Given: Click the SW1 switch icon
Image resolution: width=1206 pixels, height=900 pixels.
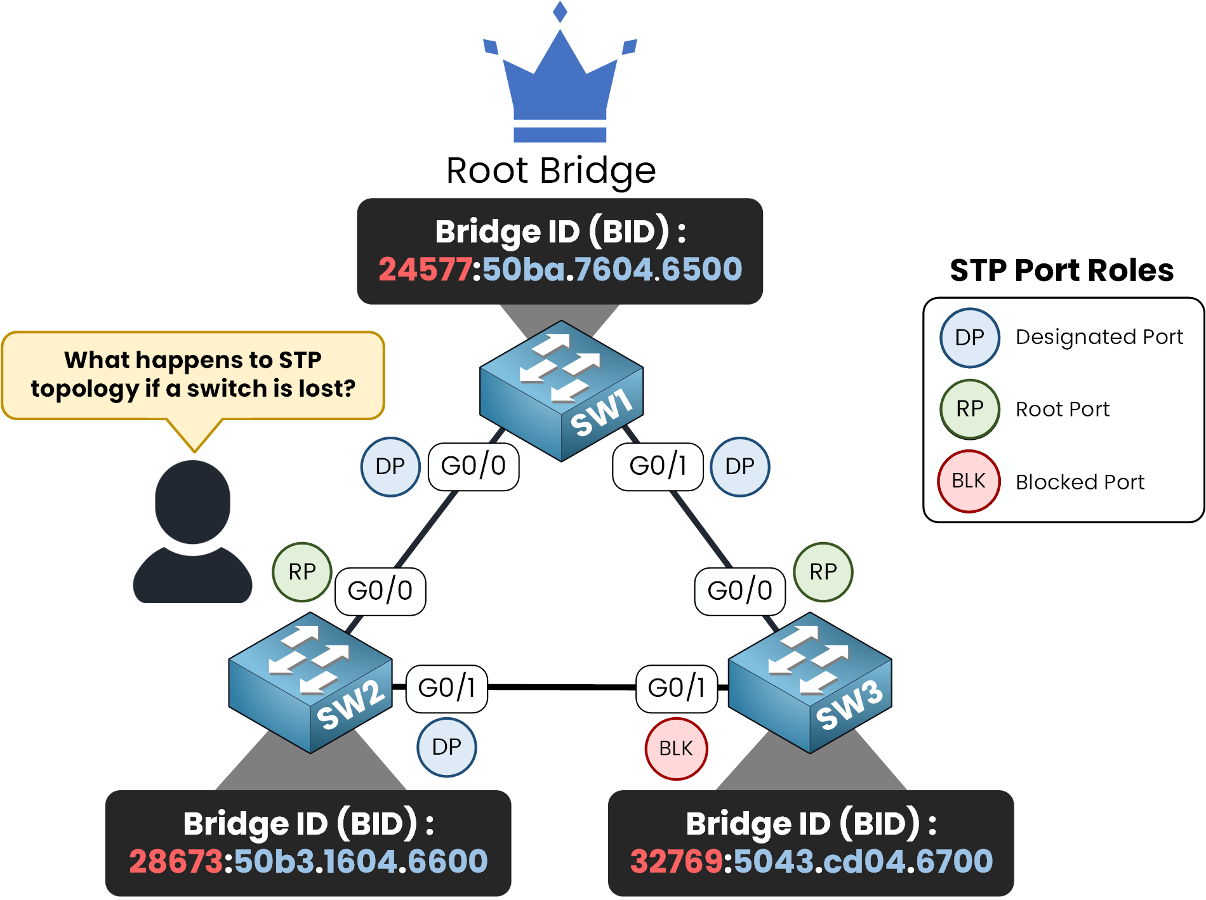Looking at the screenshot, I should click(x=561, y=390).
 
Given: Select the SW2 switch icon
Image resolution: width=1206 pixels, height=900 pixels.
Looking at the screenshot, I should click(x=310, y=682).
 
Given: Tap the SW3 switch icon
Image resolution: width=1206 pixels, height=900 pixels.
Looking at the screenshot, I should click(x=810, y=682).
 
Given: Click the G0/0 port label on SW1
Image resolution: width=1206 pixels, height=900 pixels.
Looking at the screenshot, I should click(x=474, y=467).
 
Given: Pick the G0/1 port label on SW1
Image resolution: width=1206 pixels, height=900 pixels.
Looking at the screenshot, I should click(x=658, y=467).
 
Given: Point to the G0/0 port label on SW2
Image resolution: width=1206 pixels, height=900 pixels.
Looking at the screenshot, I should click(x=380, y=591).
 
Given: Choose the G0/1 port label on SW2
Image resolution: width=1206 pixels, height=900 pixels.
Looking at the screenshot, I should click(x=446, y=688).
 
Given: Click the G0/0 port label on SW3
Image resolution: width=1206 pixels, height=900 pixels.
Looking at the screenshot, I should click(x=739, y=591).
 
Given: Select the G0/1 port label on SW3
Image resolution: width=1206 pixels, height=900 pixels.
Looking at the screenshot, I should click(x=676, y=688).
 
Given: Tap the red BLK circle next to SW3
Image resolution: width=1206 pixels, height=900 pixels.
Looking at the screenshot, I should click(x=676, y=748).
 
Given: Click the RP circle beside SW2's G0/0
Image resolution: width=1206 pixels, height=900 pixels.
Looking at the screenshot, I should click(x=302, y=572).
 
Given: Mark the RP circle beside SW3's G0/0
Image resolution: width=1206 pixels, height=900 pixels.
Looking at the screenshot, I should click(x=823, y=572).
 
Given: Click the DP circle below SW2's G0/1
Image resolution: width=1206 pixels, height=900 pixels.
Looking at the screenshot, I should click(x=446, y=747).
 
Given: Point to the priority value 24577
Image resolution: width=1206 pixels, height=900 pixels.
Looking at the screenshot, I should click(x=425, y=269).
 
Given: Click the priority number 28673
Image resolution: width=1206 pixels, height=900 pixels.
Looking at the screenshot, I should click(x=176, y=861).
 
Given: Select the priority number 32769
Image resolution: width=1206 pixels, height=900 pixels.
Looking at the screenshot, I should click(x=676, y=861).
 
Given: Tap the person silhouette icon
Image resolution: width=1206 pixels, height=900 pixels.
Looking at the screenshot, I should click(x=192, y=532).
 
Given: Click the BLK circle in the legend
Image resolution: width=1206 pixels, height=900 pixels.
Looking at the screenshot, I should click(x=969, y=481).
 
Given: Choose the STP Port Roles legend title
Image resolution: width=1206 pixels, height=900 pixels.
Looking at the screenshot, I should click(x=1061, y=270).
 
